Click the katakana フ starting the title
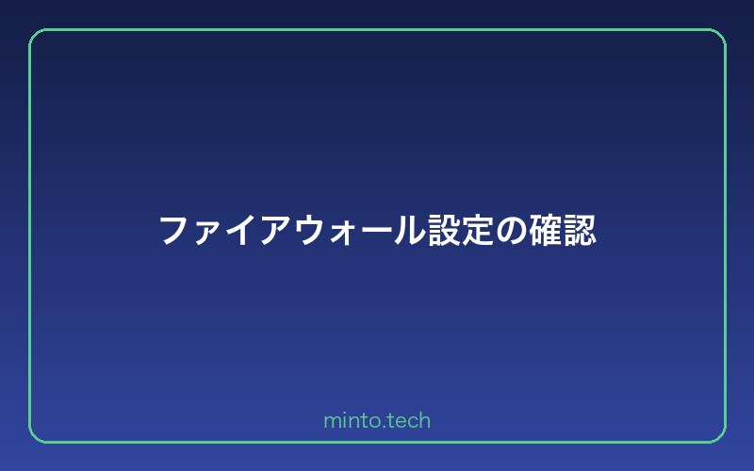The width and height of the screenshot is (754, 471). point(174,230)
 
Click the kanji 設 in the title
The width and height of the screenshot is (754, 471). point(443,230)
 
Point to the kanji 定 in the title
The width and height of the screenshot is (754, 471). point(478,230)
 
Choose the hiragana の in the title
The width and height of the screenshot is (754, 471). point(512,231)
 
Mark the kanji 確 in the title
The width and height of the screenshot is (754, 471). point(546,230)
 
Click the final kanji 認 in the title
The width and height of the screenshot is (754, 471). point(580,230)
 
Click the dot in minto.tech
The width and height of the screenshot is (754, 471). point(381,427)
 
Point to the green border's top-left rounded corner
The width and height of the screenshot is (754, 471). point(35,35)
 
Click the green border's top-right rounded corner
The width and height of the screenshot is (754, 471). point(719,35)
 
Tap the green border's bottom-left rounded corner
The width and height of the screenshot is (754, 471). point(35,436)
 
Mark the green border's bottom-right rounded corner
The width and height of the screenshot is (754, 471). point(719,436)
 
